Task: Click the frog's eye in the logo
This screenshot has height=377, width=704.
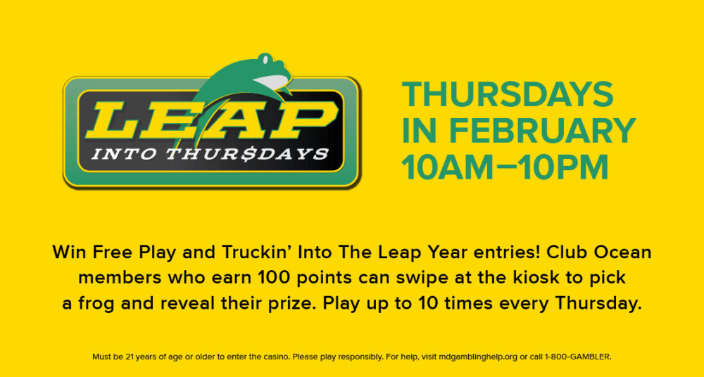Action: point(266,59)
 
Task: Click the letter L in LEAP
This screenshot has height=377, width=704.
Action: point(115,120)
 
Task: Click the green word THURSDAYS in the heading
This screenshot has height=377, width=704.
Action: point(508,95)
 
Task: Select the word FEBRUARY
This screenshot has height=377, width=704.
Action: point(543,131)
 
